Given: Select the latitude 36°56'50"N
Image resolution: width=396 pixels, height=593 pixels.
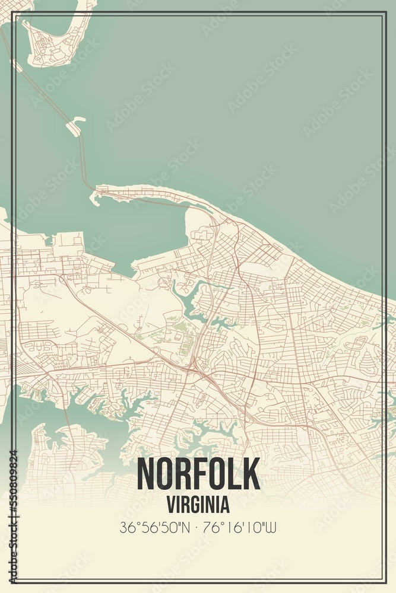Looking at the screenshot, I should click(154, 527).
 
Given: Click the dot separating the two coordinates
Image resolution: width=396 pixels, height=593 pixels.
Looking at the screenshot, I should click(198, 527).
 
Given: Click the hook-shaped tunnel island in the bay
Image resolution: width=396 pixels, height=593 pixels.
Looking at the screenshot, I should click(75, 126).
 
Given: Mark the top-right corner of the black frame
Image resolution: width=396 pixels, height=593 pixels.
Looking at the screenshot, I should click(385, 12).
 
